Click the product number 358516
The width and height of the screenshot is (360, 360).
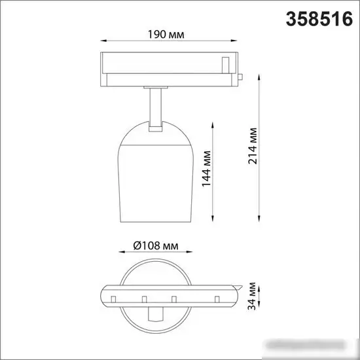click(319, 19)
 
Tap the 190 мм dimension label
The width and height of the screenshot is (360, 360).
click(166, 35)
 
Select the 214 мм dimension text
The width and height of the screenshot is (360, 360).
click(252, 146)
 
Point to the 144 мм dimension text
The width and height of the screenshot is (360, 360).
click(206, 169)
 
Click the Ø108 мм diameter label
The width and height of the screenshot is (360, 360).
click(156, 245)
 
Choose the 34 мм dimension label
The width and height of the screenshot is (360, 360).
click(251, 296)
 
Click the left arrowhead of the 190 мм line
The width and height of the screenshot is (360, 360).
click(104, 41)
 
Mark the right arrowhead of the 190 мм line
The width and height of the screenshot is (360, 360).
click(234, 41)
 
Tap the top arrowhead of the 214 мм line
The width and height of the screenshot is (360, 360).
click(259, 77)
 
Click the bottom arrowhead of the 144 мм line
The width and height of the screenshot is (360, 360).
click(213, 219)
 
